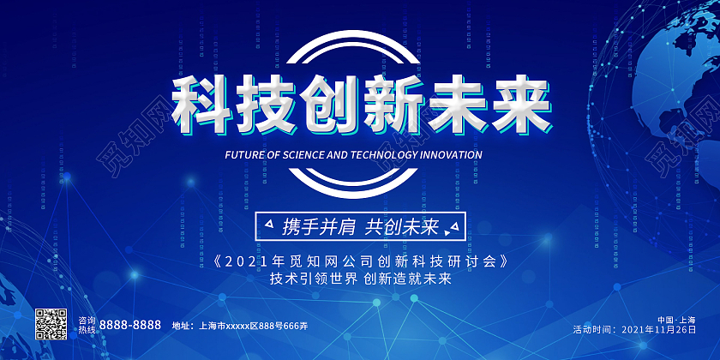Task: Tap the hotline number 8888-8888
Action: (130, 325)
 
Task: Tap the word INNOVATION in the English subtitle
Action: (448, 156)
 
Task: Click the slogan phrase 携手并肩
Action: (315, 227)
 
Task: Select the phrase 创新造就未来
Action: (407, 279)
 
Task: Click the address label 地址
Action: (183, 326)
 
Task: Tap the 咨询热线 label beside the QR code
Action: (87, 325)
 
